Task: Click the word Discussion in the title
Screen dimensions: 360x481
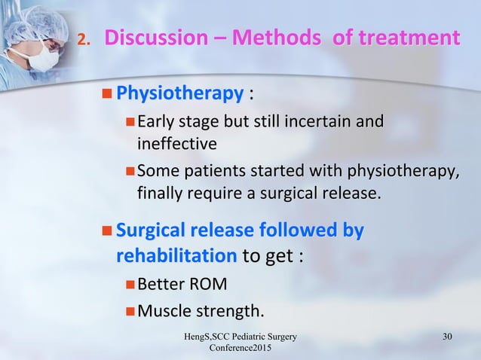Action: click(x=154, y=37)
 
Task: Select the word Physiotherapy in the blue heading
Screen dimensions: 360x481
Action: click(x=180, y=95)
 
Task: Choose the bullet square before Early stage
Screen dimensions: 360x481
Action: click(x=129, y=122)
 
